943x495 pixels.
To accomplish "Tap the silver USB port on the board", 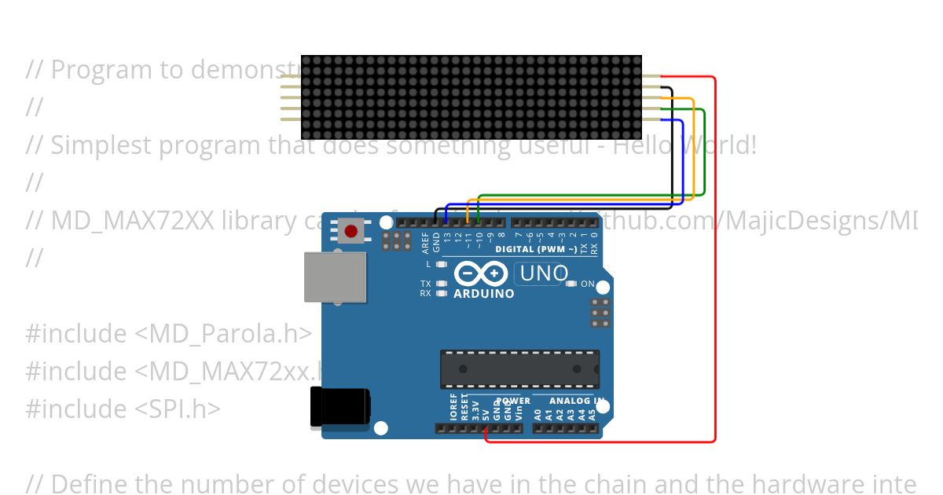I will coord(336,277).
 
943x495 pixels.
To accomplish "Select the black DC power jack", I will coord(340,407).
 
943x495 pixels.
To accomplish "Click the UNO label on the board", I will coord(544,273).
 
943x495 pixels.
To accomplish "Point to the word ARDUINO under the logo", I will coord(484,294).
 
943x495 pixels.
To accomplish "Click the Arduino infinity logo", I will coord(479,273).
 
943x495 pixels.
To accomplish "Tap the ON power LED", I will coord(571,284).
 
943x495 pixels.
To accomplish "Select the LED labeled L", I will coord(442,265).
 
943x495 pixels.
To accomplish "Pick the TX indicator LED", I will coord(442,284).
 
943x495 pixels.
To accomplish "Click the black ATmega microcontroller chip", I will coord(519,368).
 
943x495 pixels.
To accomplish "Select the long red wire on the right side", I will coord(715,259).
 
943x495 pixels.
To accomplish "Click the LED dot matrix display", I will coord(472,97).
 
